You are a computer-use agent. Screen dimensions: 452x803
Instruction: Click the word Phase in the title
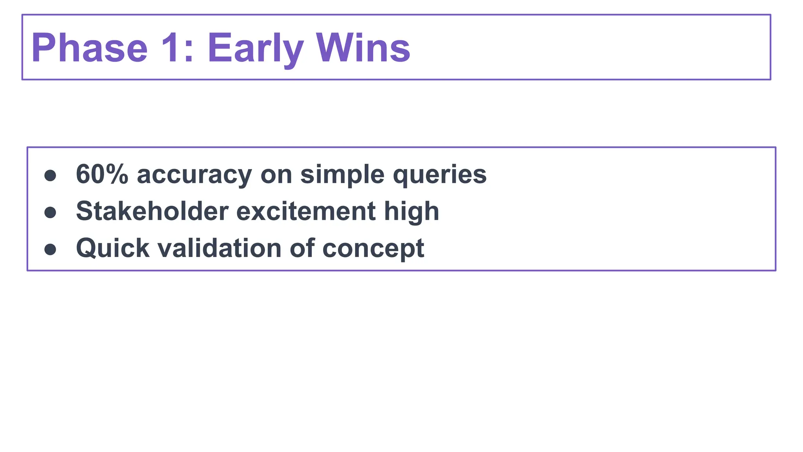[x=89, y=48]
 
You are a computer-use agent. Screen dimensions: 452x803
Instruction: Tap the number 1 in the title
[x=169, y=48]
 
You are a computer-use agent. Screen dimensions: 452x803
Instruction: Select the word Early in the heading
[x=255, y=48]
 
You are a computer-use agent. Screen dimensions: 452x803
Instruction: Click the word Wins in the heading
[x=363, y=48]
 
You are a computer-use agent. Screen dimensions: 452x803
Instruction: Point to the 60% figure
[x=102, y=174]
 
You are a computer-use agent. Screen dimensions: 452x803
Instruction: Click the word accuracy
[x=194, y=175]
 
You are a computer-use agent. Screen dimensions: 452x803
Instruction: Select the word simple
[x=342, y=175]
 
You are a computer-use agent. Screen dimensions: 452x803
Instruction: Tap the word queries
[x=440, y=175]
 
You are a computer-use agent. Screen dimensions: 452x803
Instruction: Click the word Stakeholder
[x=152, y=211]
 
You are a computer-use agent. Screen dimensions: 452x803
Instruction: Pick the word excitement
[x=306, y=211]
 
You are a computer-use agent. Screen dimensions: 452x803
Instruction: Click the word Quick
[x=113, y=248]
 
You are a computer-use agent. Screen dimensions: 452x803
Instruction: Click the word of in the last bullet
[x=302, y=248]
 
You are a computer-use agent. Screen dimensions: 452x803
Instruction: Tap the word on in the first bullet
[x=276, y=175]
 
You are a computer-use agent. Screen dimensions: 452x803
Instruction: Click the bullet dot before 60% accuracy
[x=50, y=175]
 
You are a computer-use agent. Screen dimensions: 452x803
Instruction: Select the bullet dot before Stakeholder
[x=50, y=212]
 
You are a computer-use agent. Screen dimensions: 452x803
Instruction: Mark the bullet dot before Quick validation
[x=50, y=249]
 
